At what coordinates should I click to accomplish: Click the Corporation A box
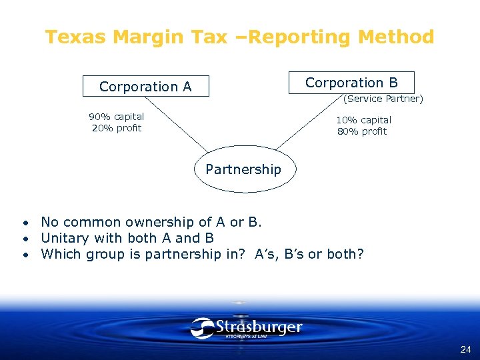(x=145, y=87)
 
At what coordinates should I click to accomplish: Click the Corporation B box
(x=351, y=83)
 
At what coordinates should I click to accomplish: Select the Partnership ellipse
(x=243, y=169)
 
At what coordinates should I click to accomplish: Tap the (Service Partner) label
(x=383, y=99)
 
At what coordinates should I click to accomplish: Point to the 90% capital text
(x=117, y=117)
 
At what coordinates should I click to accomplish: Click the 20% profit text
(x=117, y=128)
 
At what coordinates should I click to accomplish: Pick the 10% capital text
(x=363, y=120)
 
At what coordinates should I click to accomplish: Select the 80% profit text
(x=362, y=131)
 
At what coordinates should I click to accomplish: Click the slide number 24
(x=465, y=349)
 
